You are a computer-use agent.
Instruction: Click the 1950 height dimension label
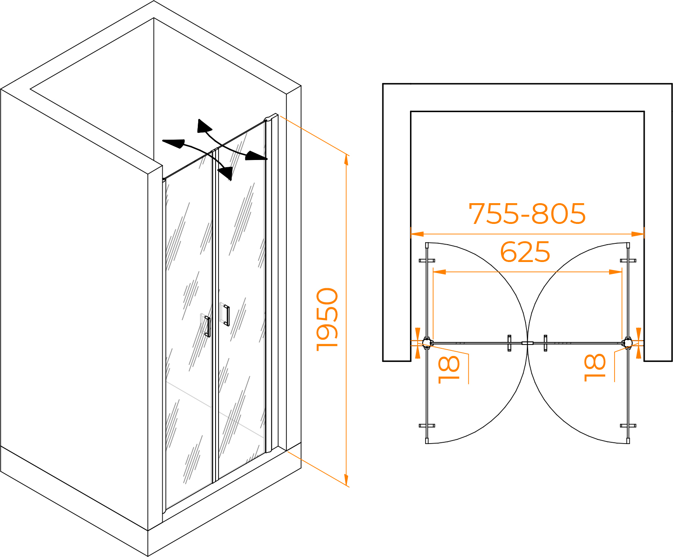coord(327,319)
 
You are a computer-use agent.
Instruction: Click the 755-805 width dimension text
coord(527,214)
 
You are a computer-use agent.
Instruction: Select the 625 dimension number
coord(525,251)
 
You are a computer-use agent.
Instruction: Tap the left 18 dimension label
coord(449,369)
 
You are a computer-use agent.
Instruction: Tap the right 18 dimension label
coord(595,367)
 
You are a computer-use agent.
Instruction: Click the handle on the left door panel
coord(207,326)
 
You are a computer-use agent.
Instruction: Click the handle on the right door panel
coord(227,315)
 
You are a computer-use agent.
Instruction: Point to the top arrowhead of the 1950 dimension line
coord(346,160)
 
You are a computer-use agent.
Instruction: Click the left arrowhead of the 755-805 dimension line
coord(417,234)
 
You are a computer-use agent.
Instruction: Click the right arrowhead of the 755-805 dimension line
coord(637,234)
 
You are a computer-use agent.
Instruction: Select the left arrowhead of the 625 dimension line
coord(439,272)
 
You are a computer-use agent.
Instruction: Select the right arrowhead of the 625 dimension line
coord(615,272)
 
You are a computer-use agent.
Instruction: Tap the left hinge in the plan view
coord(427,343)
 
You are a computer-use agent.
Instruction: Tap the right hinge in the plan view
coord(627,343)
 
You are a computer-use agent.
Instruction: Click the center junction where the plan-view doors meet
coord(527,343)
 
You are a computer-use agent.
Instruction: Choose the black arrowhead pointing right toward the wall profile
coord(256,156)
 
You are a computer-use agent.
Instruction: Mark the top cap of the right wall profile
coord(271,117)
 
